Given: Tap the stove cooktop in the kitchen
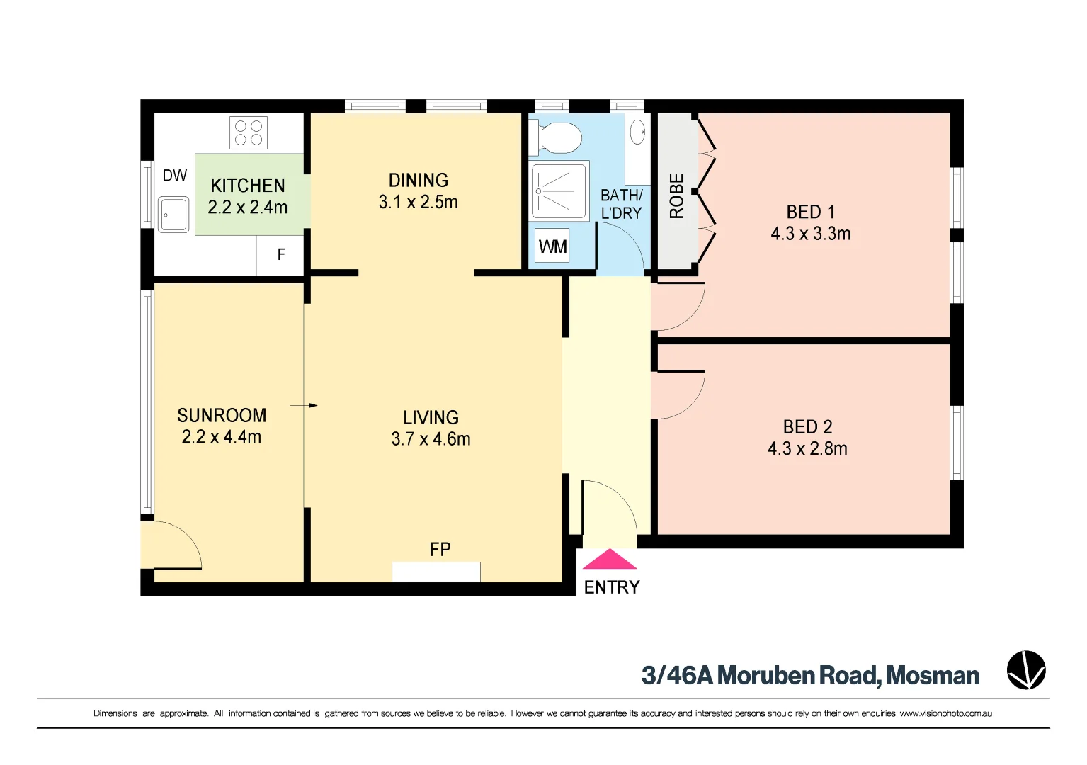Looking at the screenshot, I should pyautogui.click(x=249, y=132).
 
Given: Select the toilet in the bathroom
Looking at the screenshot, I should pyautogui.click(x=557, y=137).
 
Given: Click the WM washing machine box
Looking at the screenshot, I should pyautogui.click(x=552, y=246).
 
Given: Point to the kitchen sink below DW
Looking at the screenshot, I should pyautogui.click(x=173, y=215).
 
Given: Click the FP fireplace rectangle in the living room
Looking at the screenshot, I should pyautogui.click(x=436, y=572).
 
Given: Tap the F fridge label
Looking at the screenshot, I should pyautogui.click(x=281, y=254).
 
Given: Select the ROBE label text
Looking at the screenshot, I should pyautogui.click(x=677, y=195).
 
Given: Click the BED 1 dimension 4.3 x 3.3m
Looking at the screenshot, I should pyautogui.click(x=811, y=234).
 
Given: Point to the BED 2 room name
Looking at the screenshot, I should pyautogui.click(x=807, y=426).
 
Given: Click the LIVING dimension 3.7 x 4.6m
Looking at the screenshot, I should pyautogui.click(x=431, y=439).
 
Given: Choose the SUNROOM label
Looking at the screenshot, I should pyautogui.click(x=222, y=415).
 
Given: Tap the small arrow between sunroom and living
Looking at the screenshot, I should pyautogui.click(x=304, y=405).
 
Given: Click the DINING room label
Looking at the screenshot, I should pyautogui.click(x=419, y=180).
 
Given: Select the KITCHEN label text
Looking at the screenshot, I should pyautogui.click(x=248, y=186).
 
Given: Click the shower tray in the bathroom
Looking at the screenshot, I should pyautogui.click(x=559, y=191).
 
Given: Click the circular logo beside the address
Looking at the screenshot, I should pyautogui.click(x=1026, y=670).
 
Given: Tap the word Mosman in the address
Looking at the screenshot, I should pyautogui.click(x=933, y=676).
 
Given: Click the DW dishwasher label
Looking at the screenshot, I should pyautogui.click(x=175, y=175).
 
